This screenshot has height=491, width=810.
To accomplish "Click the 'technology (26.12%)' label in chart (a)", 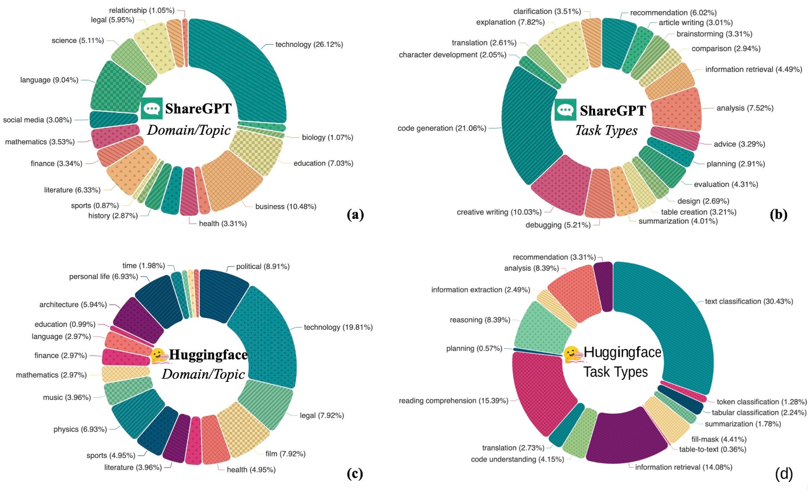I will point(308,44).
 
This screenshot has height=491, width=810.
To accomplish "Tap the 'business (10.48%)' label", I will point(286,207).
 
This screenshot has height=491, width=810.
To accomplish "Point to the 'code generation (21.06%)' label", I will point(441,128).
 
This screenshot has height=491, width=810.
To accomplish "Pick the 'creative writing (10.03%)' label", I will point(499,212).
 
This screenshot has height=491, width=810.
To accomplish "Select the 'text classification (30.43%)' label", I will point(749,301).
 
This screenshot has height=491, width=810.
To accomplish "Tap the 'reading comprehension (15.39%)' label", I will point(454,400).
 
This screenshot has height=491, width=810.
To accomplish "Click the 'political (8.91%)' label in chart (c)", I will point(263,266).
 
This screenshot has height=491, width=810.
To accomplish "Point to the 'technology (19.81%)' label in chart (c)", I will point(338,327).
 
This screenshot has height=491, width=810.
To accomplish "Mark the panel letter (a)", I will point(355,214).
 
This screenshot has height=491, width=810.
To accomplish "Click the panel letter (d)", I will point(784,473).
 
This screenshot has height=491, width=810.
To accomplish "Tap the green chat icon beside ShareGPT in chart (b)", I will point(565,110).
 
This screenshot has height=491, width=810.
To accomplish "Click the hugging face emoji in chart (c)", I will point(158,356).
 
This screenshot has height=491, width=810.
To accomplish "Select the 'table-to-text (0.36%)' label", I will point(712,449).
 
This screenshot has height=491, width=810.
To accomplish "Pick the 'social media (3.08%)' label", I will point(37,120).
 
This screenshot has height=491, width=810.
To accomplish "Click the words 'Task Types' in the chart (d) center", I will point(615,372).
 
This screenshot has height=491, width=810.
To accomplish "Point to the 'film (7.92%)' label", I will point(285,454).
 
